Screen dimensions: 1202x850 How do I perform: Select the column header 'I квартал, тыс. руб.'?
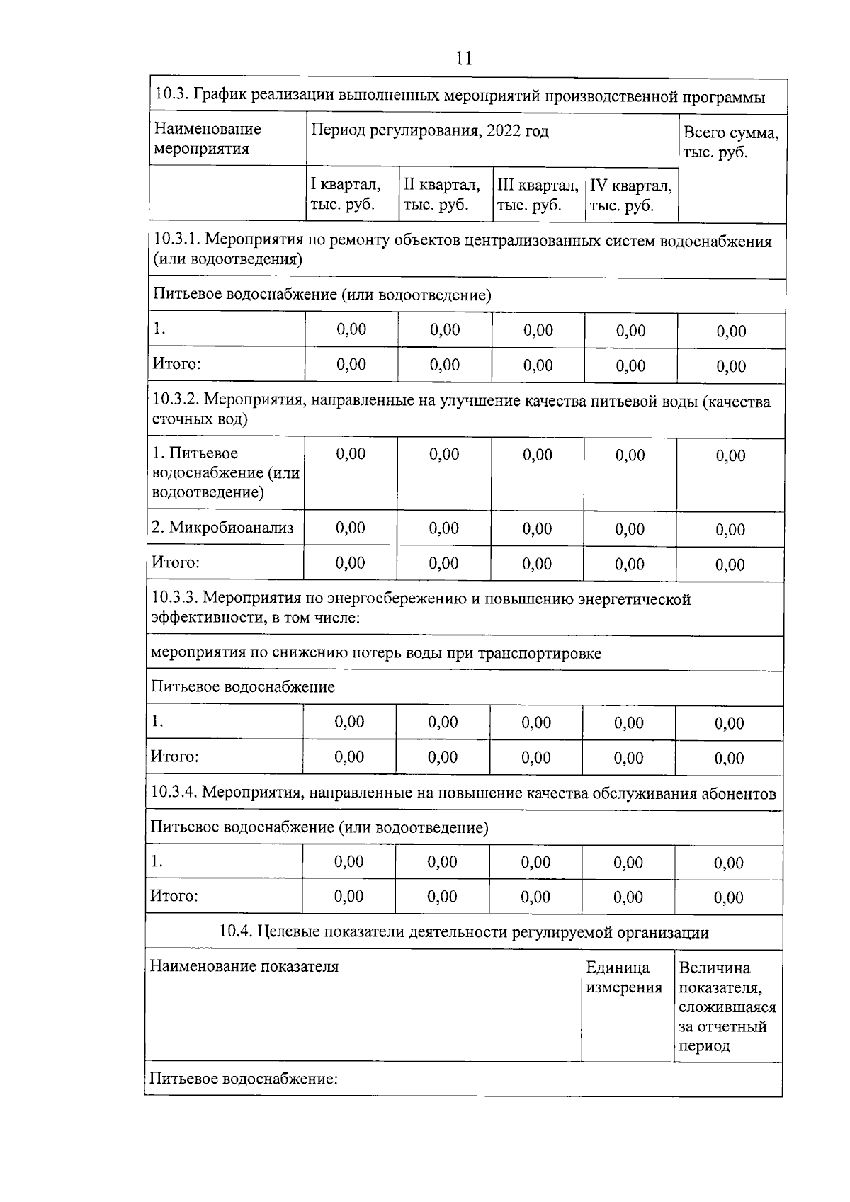[346, 195]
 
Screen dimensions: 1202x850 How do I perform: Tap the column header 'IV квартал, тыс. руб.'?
[630, 195]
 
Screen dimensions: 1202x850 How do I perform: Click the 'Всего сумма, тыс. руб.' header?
[730, 142]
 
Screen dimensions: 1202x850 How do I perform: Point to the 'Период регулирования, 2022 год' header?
[429, 131]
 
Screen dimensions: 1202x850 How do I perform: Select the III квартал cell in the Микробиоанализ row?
[537, 528]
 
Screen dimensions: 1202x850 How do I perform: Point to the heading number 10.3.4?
[174, 793]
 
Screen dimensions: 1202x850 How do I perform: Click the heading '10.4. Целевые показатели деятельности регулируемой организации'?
[464, 932]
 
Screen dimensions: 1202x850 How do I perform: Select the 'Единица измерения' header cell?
[624, 977]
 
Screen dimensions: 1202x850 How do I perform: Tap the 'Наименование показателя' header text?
[244, 967]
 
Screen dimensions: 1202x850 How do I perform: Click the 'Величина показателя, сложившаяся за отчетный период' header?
[727, 1006]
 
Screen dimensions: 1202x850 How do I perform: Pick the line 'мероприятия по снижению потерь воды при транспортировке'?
[376, 653]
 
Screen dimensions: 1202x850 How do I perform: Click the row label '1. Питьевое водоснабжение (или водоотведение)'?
[225, 472]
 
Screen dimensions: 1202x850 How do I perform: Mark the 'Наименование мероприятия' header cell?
[208, 139]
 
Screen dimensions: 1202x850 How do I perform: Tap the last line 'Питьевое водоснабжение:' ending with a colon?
[244, 1079]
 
